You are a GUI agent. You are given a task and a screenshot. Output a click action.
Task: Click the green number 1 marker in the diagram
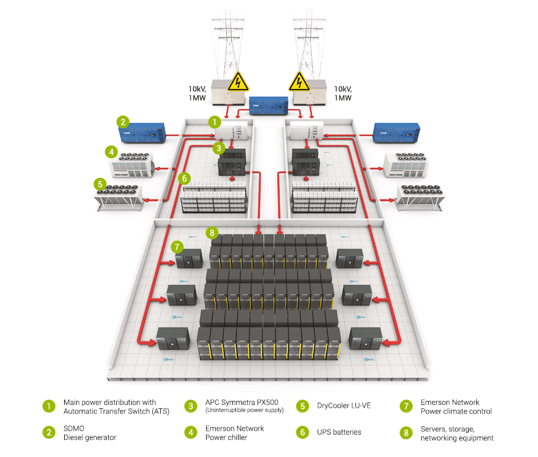coord(213,122)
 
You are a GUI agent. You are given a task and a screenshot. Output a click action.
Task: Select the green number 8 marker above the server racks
coord(212,233)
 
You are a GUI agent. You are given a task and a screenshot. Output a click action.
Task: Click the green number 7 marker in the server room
coord(177,247)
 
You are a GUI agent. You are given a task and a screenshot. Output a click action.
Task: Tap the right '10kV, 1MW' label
coord(343,93)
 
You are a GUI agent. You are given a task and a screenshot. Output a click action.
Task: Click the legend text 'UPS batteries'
coord(339,432)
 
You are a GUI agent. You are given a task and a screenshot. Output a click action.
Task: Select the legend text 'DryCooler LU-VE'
coord(343,406)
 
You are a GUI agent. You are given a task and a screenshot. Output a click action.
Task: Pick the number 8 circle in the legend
coord(406,432)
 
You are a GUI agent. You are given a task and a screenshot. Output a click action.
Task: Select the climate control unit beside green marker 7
coord(189,260)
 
